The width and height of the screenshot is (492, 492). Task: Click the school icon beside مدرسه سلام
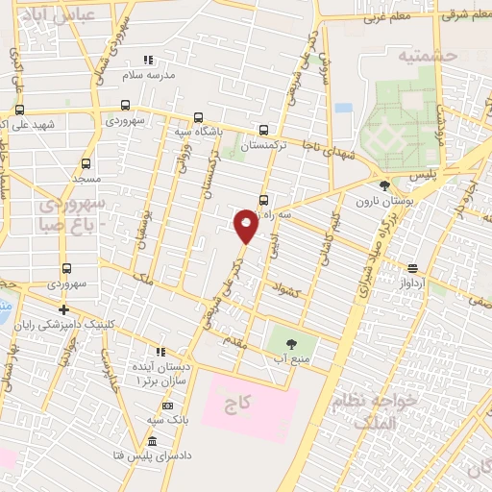pyautogui.click(x=147, y=60)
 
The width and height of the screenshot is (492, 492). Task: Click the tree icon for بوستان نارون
pyautogui.click(x=385, y=185)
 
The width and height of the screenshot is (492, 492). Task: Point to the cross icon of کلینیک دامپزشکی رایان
pyautogui.click(x=63, y=309)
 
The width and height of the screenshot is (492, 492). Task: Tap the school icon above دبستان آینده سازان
pyautogui.click(x=160, y=352)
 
